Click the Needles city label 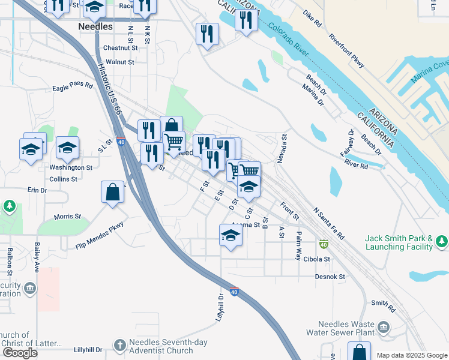pos(95,27)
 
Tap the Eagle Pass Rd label pos(73,86)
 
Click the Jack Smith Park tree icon pos(442,241)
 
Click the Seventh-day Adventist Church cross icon pos(119,345)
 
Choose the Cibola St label pos(317,259)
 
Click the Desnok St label pos(330,277)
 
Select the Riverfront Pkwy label pos(346,46)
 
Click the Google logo pos(19,353)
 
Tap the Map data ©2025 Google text pos(412,355)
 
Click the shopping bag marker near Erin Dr pos(113,193)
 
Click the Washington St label pos(71,168)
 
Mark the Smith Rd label pos(384,307)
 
